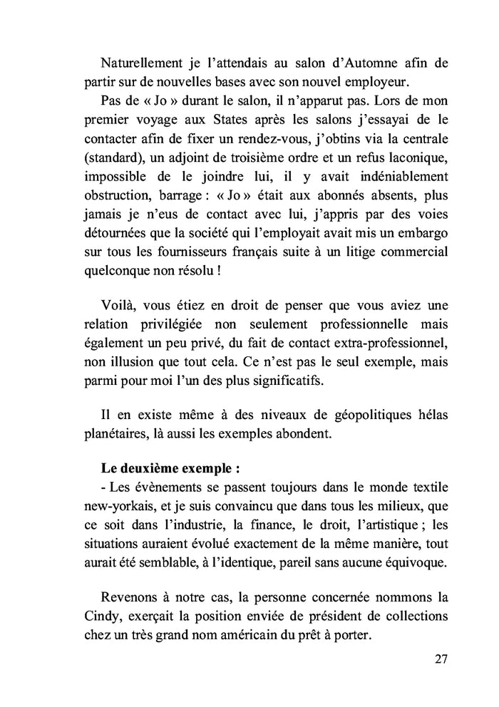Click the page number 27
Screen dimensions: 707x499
(x=441, y=658)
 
